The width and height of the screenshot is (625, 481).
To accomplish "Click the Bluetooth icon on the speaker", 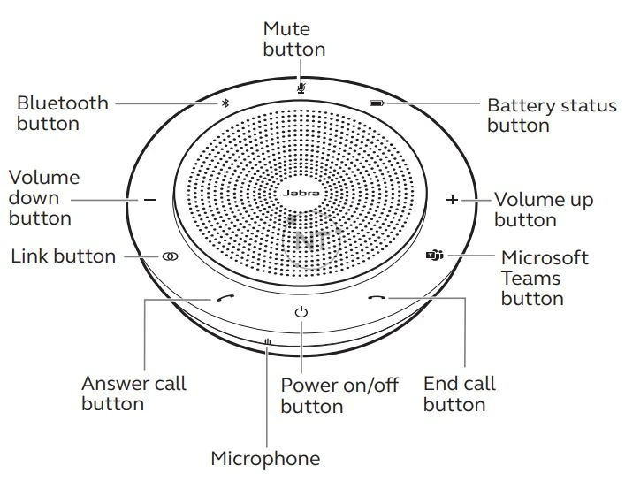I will coord(225,103).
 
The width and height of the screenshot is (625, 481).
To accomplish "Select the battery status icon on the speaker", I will coord(377,103).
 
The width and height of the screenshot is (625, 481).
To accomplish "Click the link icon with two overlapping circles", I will coord(170,256).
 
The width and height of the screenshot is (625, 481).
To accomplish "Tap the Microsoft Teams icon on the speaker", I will coord(434,256).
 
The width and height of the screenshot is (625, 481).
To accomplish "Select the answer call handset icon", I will coord(225,299).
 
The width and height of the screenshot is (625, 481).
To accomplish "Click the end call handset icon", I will coord(377,299).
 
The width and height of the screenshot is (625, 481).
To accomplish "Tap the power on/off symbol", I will coord(301,311).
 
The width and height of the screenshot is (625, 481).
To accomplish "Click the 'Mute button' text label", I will coord(294,39).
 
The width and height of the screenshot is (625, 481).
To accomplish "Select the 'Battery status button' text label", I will coord(551,116).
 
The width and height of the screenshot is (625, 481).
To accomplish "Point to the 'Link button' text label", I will coord(63,256).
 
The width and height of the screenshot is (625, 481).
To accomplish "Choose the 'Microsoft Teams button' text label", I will coord(544,278).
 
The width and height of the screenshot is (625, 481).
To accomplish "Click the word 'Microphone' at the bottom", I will coord(265,458).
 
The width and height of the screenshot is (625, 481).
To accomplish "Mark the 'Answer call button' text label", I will coord(133,393).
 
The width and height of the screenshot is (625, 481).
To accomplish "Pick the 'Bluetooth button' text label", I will coord(62,112).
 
